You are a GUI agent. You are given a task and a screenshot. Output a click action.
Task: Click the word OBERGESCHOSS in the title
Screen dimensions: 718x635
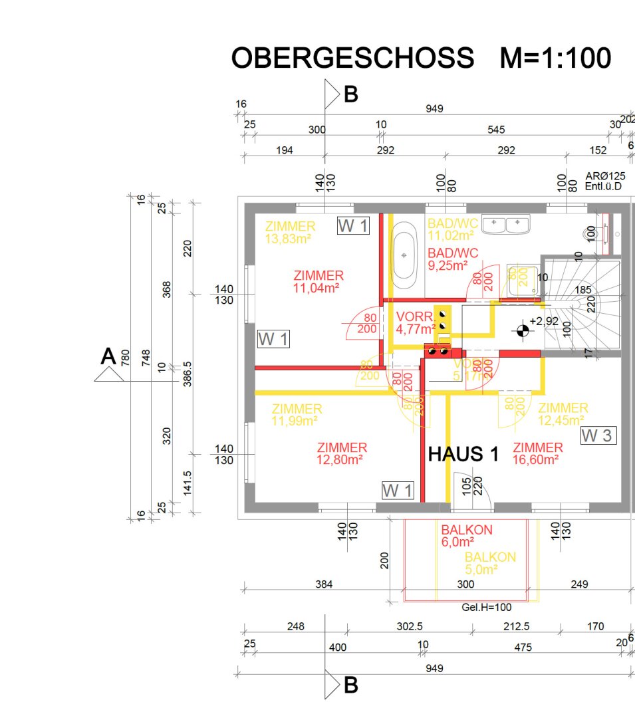point(352,59)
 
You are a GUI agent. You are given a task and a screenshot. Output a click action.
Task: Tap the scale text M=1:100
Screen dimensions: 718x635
point(555,59)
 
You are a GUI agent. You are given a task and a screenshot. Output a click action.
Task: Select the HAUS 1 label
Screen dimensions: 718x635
point(463,455)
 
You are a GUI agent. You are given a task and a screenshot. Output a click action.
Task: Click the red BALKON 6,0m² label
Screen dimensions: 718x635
point(467,536)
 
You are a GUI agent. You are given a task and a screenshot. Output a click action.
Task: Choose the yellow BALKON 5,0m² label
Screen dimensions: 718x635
point(490,563)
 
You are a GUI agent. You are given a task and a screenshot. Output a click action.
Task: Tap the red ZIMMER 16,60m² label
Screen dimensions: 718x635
point(538,453)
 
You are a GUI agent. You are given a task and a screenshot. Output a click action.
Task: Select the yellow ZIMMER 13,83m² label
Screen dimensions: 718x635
point(290,233)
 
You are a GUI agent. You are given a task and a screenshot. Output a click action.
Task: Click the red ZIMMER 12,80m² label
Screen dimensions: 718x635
point(342,453)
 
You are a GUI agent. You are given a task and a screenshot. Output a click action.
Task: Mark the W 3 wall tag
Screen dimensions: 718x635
point(598,436)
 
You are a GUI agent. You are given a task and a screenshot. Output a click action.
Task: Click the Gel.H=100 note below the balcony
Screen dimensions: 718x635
point(486,607)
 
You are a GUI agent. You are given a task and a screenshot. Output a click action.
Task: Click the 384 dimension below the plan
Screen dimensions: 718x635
point(323,584)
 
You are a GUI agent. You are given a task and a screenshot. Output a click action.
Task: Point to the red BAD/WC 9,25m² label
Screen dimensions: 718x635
point(453,258)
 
